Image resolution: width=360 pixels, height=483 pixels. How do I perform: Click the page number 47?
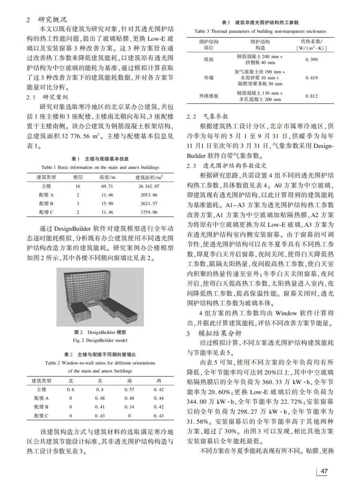[324, 471]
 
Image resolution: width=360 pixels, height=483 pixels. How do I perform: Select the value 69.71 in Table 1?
[107, 186]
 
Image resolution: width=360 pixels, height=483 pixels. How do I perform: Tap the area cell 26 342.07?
[149, 186]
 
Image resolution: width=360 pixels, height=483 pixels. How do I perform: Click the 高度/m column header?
[107, 177]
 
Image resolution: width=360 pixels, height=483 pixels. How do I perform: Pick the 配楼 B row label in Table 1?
[46, 204]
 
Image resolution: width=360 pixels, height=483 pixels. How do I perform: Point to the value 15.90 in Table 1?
[107, 204]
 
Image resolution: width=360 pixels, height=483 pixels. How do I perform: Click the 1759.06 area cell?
[149, 212]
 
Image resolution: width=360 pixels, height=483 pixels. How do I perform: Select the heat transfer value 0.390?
[311, 59]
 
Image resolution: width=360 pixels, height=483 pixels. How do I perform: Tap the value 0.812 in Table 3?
[311, 96]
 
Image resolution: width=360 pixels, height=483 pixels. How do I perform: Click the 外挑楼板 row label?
[209, 96]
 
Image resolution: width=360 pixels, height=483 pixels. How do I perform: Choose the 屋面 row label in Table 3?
[209, 59]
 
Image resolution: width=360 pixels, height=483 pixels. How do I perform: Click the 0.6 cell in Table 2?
[71, 390]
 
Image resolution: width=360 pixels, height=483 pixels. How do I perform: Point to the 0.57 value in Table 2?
[129, 390]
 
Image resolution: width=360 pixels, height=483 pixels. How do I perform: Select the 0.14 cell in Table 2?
[129, 407]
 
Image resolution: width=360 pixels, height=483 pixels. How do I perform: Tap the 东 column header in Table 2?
[100, 381]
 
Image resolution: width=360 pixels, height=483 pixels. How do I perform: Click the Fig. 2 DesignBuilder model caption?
[100, 340]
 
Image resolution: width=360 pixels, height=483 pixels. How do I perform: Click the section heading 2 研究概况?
[46, 19]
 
